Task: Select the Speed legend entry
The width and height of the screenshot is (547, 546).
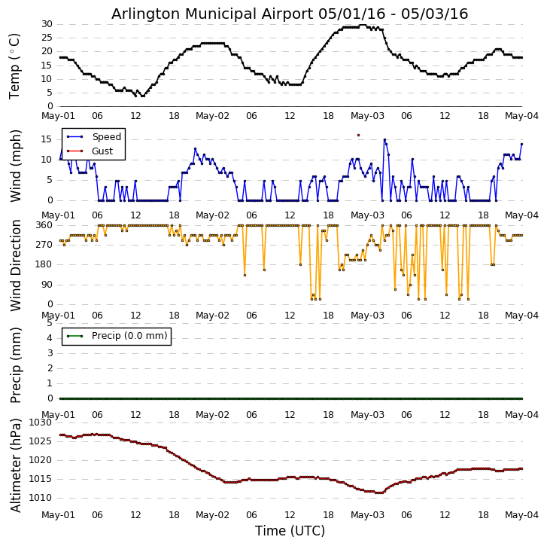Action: (x=106, y=137)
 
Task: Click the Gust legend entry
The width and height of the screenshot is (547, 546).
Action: (x=102, y=151)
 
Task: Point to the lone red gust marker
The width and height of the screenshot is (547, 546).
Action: (x=358, y=135)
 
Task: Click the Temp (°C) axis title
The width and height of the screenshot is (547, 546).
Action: (x=15, y=66)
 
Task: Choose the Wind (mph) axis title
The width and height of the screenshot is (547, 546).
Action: (x=15, y=165)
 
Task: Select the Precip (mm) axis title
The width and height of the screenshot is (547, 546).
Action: (x=15, y=364)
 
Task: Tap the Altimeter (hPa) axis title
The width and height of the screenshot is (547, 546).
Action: (x=15, y=465)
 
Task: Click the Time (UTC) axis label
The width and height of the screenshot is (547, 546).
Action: (x=290, y=531)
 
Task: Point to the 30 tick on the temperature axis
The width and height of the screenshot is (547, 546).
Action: (x=47, y=24)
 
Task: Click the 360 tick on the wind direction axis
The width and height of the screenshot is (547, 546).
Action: (x=44, y=225)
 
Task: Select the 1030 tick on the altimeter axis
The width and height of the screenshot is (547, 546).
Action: (x=41, y=423)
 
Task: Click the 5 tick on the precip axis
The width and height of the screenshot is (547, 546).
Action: (x=50, y=322)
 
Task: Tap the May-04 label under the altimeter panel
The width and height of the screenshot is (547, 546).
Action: (x=522, y=515)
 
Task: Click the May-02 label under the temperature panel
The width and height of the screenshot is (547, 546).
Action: (x=213, y=116)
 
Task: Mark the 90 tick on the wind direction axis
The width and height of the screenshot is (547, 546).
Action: (x=47, y=285)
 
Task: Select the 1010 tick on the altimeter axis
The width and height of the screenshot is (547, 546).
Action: (x=41, y=498)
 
